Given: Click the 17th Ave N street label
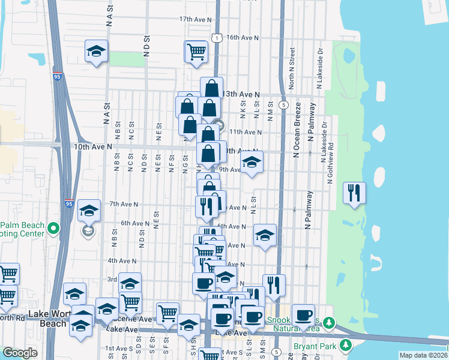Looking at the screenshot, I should click(195, 20).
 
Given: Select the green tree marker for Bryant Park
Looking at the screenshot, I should click(345, 346).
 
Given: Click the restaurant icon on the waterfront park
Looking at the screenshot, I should click(354, 193).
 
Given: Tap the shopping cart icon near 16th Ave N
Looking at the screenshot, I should click(196, 52).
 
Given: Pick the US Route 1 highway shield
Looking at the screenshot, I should click(217, 37).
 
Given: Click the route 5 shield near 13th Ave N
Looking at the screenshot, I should click(282, 105).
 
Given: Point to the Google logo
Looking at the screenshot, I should click(20, 353).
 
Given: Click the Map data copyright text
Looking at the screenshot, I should click(423, 355).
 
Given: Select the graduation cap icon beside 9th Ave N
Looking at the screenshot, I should click(252, 162).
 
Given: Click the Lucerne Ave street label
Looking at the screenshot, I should click(136, 320).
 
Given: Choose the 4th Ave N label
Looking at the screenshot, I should click(122, 261).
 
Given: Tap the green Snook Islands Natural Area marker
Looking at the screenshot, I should click(328, 323).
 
